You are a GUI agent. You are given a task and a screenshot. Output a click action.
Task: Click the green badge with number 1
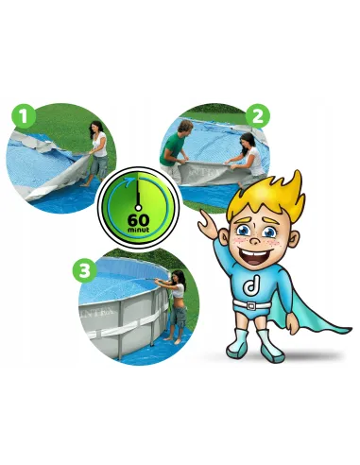24,116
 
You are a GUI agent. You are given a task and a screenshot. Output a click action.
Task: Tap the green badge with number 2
258,116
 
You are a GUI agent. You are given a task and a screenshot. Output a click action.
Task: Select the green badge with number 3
84,270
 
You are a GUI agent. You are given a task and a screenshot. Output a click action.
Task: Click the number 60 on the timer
139,220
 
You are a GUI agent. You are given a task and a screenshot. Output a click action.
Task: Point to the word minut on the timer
139,230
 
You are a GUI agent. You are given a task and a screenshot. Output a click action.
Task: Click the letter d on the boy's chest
251,286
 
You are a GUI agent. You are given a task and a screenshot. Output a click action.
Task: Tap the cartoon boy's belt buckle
251,306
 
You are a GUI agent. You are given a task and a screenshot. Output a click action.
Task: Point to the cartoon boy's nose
255,240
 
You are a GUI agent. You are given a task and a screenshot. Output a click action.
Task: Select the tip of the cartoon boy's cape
351,330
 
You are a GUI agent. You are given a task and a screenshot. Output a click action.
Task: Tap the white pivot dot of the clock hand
138,207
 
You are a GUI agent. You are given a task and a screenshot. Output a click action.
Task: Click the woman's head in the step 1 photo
96,128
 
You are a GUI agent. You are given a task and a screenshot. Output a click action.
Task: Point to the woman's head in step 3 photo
179,277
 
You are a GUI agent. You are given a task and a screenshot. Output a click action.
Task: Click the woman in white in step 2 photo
249,158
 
